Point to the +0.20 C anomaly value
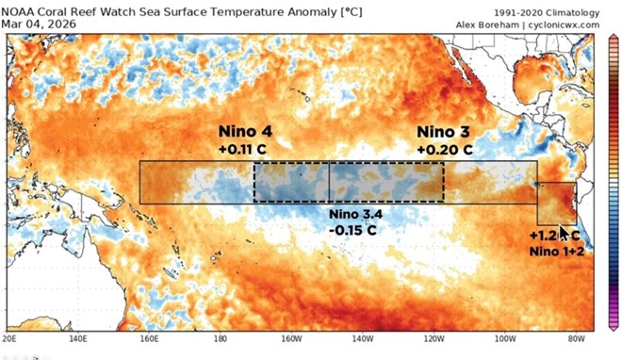(444, 149)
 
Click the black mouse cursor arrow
(565, 233)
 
